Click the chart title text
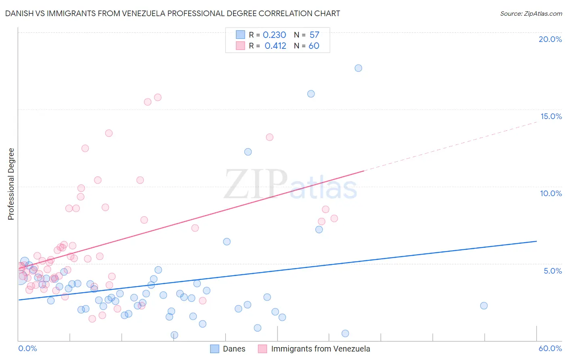173,13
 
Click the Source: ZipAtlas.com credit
531,13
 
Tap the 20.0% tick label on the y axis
550,39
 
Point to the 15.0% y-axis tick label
551,116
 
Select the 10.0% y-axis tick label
551,193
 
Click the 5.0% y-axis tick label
552,271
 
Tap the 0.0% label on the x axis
27,348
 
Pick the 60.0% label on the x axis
550,348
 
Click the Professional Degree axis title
11,184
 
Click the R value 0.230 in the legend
274,35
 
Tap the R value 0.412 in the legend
275,46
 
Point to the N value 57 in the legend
314,35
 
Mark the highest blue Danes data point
358,68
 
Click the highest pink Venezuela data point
158,97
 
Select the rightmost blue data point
484,306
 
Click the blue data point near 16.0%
311,94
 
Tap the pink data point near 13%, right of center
269,137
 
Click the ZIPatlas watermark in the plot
290,185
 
